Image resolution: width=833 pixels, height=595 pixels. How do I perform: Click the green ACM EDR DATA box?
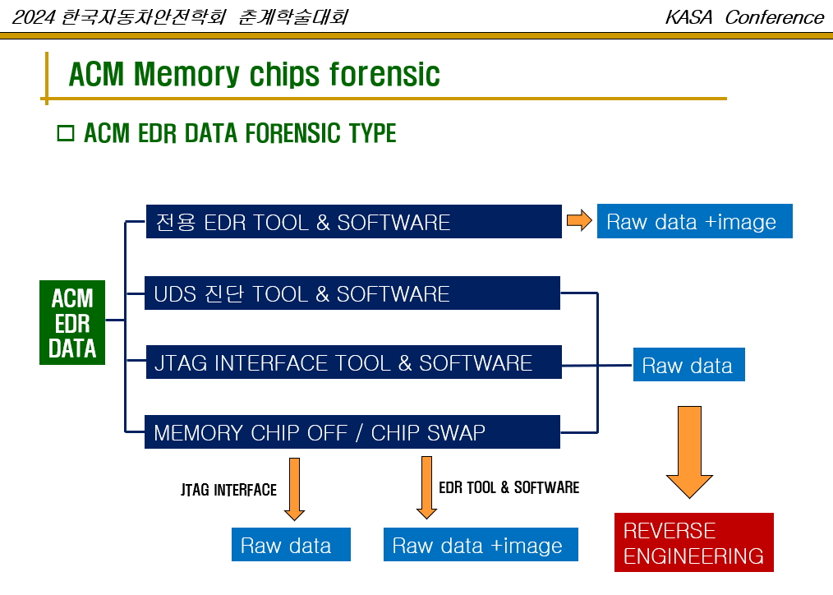72,323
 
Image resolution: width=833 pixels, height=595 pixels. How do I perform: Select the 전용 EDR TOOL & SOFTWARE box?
353,222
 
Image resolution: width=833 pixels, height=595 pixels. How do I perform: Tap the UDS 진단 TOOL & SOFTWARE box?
352,293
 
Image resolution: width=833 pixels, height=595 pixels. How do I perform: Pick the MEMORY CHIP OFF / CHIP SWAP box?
352,432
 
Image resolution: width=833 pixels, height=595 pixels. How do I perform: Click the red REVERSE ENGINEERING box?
694,542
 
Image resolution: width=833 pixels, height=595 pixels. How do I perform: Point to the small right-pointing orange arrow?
579,220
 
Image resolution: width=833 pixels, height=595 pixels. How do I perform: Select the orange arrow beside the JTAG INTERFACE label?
294,488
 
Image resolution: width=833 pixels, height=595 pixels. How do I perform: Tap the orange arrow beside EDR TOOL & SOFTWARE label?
426,487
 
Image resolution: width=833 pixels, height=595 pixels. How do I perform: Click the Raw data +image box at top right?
694,222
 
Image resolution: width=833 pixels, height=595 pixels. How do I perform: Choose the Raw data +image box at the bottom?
481,545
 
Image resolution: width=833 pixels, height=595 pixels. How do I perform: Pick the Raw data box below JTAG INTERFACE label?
291,545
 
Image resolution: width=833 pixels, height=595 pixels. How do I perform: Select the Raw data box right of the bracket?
688,365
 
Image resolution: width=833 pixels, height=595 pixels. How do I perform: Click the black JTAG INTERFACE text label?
228,490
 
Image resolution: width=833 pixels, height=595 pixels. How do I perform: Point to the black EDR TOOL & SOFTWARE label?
509,487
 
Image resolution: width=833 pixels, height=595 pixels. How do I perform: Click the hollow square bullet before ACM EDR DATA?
66,133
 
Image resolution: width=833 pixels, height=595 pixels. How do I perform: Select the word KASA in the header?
693,17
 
